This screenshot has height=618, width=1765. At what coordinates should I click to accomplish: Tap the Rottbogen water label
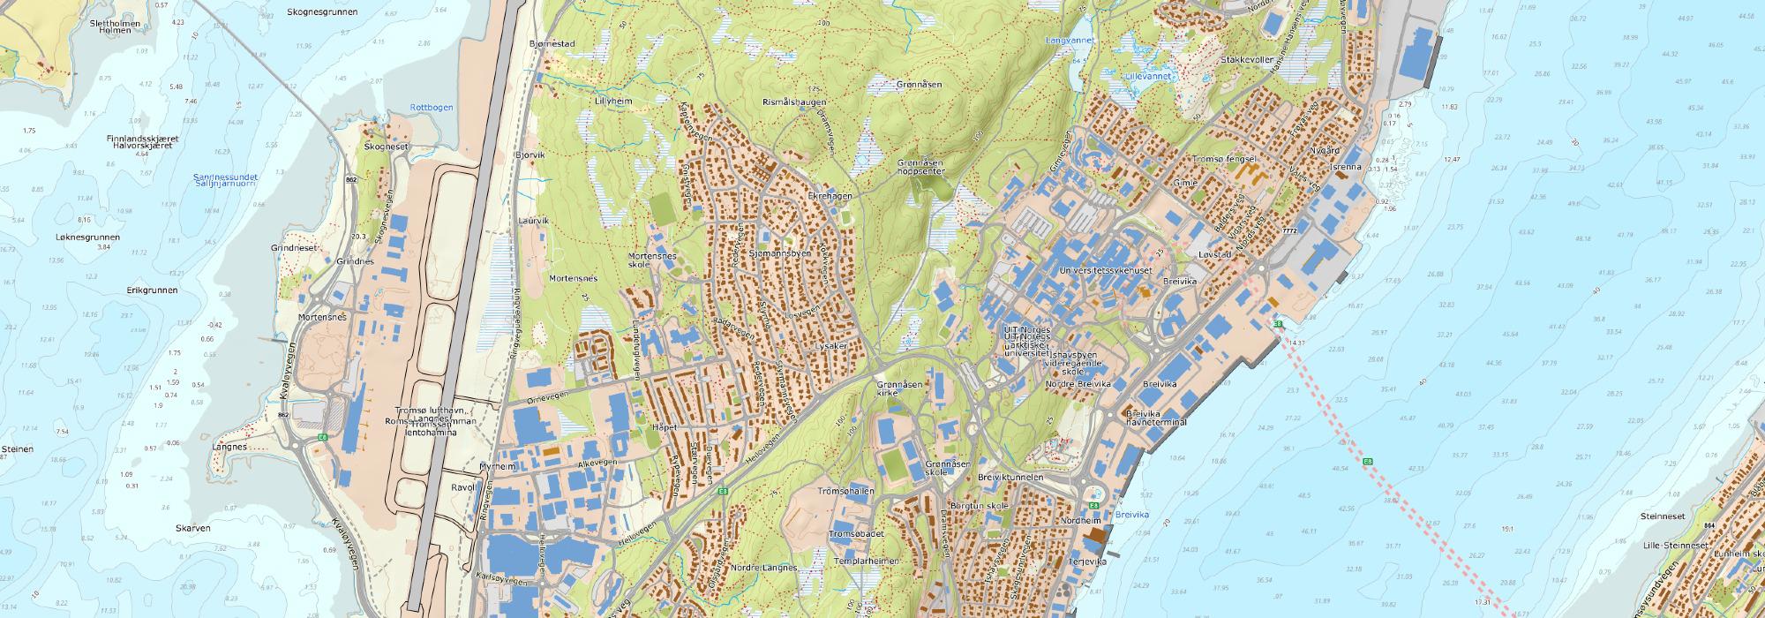pos(432,107)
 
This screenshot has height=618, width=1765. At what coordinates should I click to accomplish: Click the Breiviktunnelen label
pos(1011,477)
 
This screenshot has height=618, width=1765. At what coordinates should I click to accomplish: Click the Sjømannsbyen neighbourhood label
pos(779,253)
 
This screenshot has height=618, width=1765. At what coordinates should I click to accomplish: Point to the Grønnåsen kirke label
pos(900,389)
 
